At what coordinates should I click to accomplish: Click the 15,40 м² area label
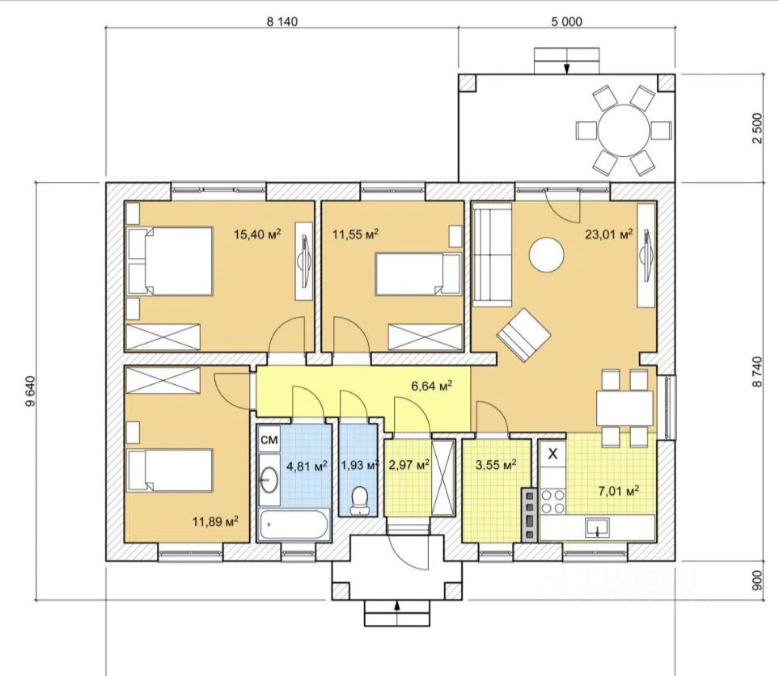[x=257, y=234]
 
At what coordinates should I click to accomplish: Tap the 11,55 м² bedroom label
[x=355, y=234]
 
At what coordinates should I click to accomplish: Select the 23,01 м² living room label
[x=608, y=234]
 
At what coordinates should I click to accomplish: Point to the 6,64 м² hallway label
[x=431, y=386]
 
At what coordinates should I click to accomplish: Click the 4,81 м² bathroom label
[x=307, y=466]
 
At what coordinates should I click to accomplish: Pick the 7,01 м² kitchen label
[x=619, y=491]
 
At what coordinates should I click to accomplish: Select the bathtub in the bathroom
[x=293, y=524]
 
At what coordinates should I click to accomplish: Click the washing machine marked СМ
[x=269, y=439]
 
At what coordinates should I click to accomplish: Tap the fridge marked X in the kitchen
[x=552, y=453]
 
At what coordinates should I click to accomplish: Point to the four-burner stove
[x=552, y=501]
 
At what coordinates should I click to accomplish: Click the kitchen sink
[x=597, y=527]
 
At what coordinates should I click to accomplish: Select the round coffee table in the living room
[x=546, y=254]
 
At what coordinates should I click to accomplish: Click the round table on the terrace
[x=624, y=130]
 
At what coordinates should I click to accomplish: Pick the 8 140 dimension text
[x=282, y=21]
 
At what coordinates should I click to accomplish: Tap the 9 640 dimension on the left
[x=30, y=391]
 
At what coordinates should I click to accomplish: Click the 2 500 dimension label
[x=756, y=129]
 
